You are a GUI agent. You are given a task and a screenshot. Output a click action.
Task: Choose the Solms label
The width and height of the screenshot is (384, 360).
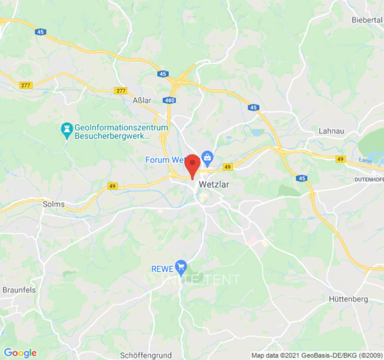point(54,204)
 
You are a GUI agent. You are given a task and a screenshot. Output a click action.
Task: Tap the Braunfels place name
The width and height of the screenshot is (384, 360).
point(19,290)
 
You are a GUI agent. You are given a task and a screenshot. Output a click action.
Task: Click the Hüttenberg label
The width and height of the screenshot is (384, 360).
point(348,299)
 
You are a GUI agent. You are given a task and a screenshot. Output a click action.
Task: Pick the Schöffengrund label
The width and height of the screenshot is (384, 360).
point(146,355)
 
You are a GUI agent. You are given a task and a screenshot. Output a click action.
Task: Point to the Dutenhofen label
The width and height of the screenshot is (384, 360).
point(369,179)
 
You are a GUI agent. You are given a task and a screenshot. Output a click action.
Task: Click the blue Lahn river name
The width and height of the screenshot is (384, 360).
point(365,160)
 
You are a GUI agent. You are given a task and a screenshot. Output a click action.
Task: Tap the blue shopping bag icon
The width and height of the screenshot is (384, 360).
point(207,157)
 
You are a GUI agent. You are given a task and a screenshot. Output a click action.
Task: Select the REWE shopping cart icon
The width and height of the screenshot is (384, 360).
point(181,266)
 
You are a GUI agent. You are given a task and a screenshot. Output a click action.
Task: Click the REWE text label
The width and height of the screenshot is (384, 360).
point(162,269)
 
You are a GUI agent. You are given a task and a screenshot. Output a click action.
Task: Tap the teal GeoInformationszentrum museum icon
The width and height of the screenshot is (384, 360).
point(67,130)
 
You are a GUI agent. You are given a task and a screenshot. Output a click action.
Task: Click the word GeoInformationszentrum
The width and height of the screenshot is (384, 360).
point(121,127)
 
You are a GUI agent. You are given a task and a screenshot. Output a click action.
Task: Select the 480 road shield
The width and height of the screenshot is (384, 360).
point(170,100)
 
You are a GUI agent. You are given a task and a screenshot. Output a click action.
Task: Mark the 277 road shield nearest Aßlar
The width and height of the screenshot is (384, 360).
point(121,90)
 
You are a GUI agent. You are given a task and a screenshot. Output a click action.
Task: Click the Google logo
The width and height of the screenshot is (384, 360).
point(20,353)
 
